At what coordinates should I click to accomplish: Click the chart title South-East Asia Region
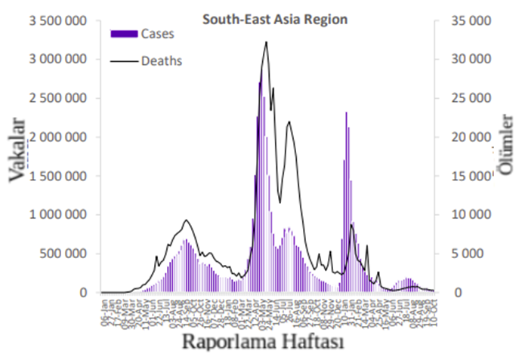click(274, 20)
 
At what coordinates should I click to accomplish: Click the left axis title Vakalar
click(17, 150)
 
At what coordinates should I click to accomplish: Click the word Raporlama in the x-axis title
click(224, 342)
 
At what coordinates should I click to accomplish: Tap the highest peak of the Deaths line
click(266, 42)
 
